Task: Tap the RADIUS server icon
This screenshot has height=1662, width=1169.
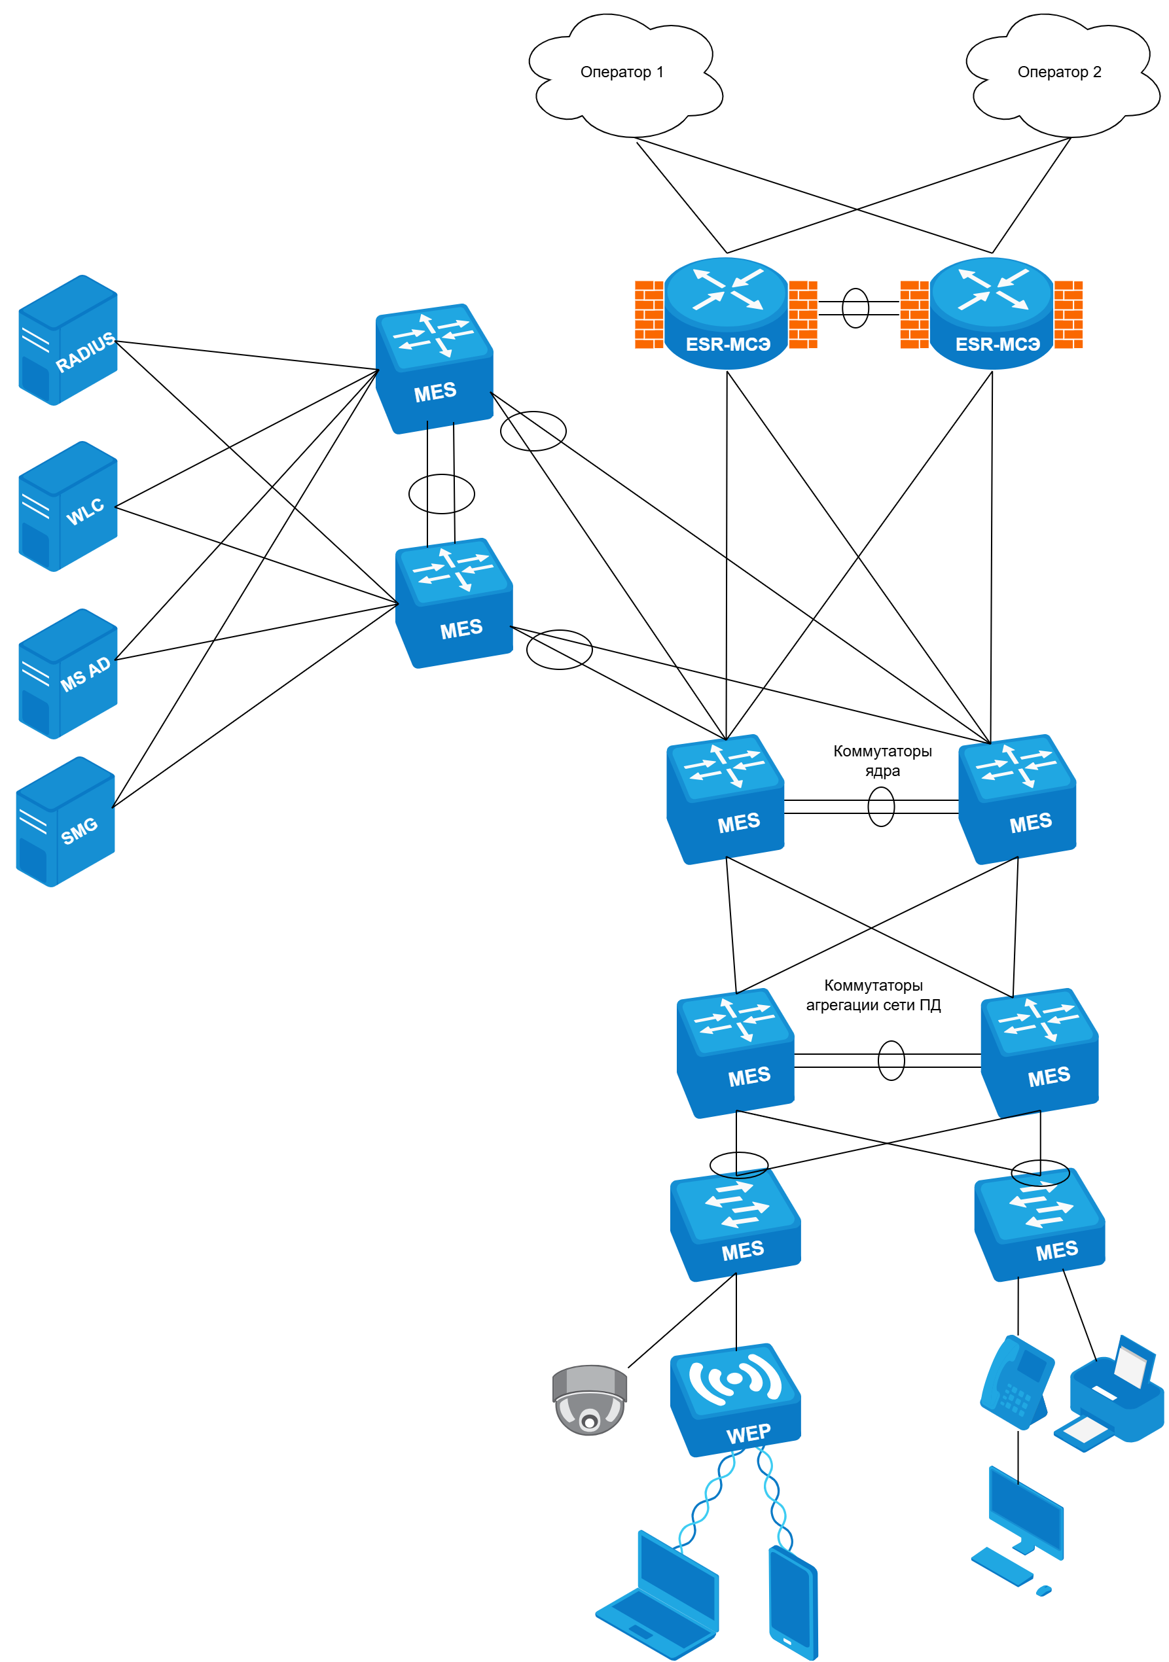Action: coord(67,340)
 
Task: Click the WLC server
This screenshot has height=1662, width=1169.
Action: coord(67,506)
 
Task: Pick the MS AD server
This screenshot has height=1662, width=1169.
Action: coord(67,674)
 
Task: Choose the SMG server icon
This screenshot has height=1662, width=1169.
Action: coord(65,822)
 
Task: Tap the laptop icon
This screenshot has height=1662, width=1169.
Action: coord(658,1597)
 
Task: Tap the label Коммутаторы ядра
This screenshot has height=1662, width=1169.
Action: coord(882,761)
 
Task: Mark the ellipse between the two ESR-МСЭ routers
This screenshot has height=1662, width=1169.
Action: coord(855,308)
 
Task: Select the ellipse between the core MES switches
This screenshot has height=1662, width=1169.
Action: coord(881,806)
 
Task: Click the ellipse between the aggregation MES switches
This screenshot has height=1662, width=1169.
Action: coord(891,1061)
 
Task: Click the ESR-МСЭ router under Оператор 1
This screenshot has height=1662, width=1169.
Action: coord(727,313)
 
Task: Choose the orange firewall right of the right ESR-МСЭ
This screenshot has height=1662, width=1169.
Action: coord(1068,314)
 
